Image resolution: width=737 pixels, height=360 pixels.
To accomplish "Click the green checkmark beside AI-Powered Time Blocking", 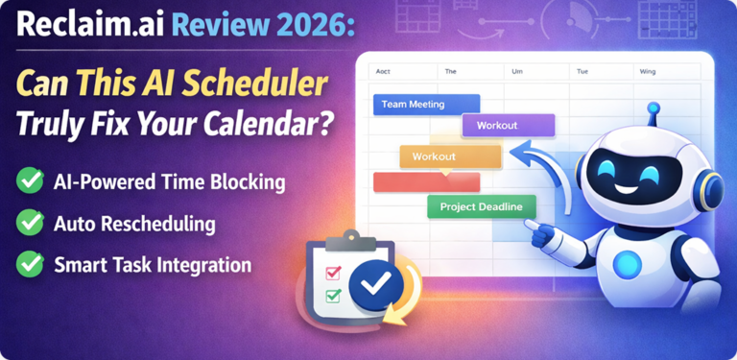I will pos(30,180).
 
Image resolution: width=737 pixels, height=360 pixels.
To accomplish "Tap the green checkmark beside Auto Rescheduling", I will pos(30,223).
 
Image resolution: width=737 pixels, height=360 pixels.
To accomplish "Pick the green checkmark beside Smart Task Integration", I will pos(30,265).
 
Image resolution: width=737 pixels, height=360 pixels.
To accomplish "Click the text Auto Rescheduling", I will pos(134,224).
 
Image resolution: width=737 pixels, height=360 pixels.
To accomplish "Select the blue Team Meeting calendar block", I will pos(425,105).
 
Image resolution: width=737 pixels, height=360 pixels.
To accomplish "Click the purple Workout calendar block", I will pos(508,125).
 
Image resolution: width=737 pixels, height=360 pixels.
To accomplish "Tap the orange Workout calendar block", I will pos(450,156).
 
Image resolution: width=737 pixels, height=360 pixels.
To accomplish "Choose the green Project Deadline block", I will pos(481,206).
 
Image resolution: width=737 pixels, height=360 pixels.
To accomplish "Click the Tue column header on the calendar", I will pos(582,70).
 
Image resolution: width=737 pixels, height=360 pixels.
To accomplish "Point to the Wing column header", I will pos(649,70).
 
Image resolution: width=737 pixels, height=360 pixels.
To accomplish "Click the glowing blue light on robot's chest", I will pos(629,262).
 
